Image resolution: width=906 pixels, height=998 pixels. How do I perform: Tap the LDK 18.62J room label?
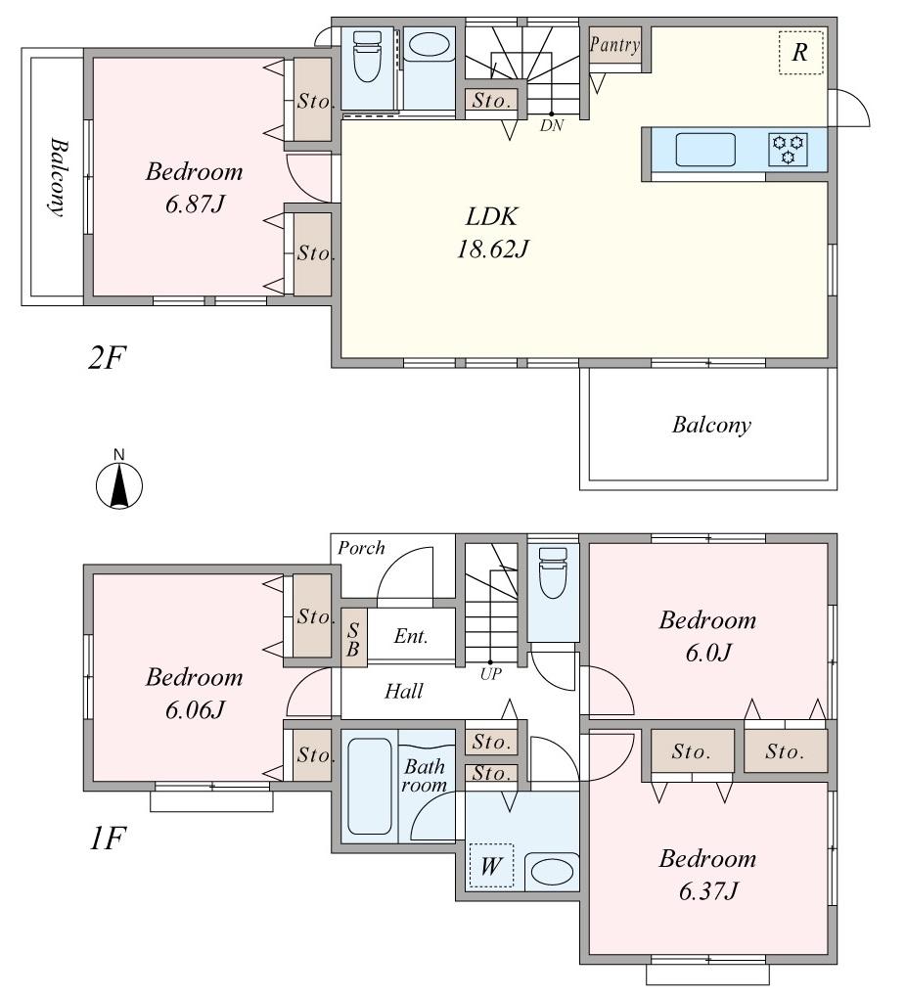491,233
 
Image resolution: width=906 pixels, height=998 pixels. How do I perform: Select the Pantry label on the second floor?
614,45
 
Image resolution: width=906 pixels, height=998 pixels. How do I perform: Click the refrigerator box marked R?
800,53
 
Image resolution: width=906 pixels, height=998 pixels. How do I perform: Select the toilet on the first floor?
553,572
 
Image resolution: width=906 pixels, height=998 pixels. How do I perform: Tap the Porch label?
361,548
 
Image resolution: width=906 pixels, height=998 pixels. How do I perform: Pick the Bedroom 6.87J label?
194,188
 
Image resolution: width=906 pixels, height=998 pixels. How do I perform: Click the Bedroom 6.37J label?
706,875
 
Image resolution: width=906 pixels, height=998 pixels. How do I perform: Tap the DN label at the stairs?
552,125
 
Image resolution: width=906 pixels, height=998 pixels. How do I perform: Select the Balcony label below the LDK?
711,425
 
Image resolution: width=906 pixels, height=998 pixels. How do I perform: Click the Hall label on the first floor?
403,692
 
